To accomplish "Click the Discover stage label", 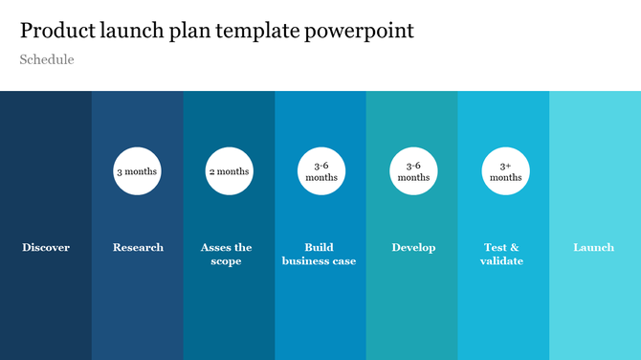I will pyautogui.click(x=46, y=248).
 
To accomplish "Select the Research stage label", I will pyautogui.click(x=138, y=248).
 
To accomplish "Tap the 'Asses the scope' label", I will pyautogui.click(x=227, y=254).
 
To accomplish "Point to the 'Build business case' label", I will pyautogui.click(x=319, y=254).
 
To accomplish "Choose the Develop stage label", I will pyautogui.click(x=413, y=248).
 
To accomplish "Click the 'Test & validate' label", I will pyautogui.click(x=502, y=254).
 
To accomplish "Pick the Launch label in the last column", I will pyautogui.click(x=593, y=248).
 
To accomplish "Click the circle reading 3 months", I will pyautogui.click(x=138, y=171).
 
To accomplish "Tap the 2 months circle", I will pyautogui.click(x=229, y=171).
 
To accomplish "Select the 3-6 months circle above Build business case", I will pyautogui.click(x=320, y=171).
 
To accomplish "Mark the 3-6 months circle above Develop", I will pyautogui.click(x=413, y=171).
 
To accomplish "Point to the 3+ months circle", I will pyautogui.click(x=505, y=171).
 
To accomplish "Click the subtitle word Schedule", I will pyautogui.click(x=47, y=59).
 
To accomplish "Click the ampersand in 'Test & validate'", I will pyautogui.click(x=515, y=248).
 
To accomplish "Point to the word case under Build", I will pyautogui.click(x=342, y=260).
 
